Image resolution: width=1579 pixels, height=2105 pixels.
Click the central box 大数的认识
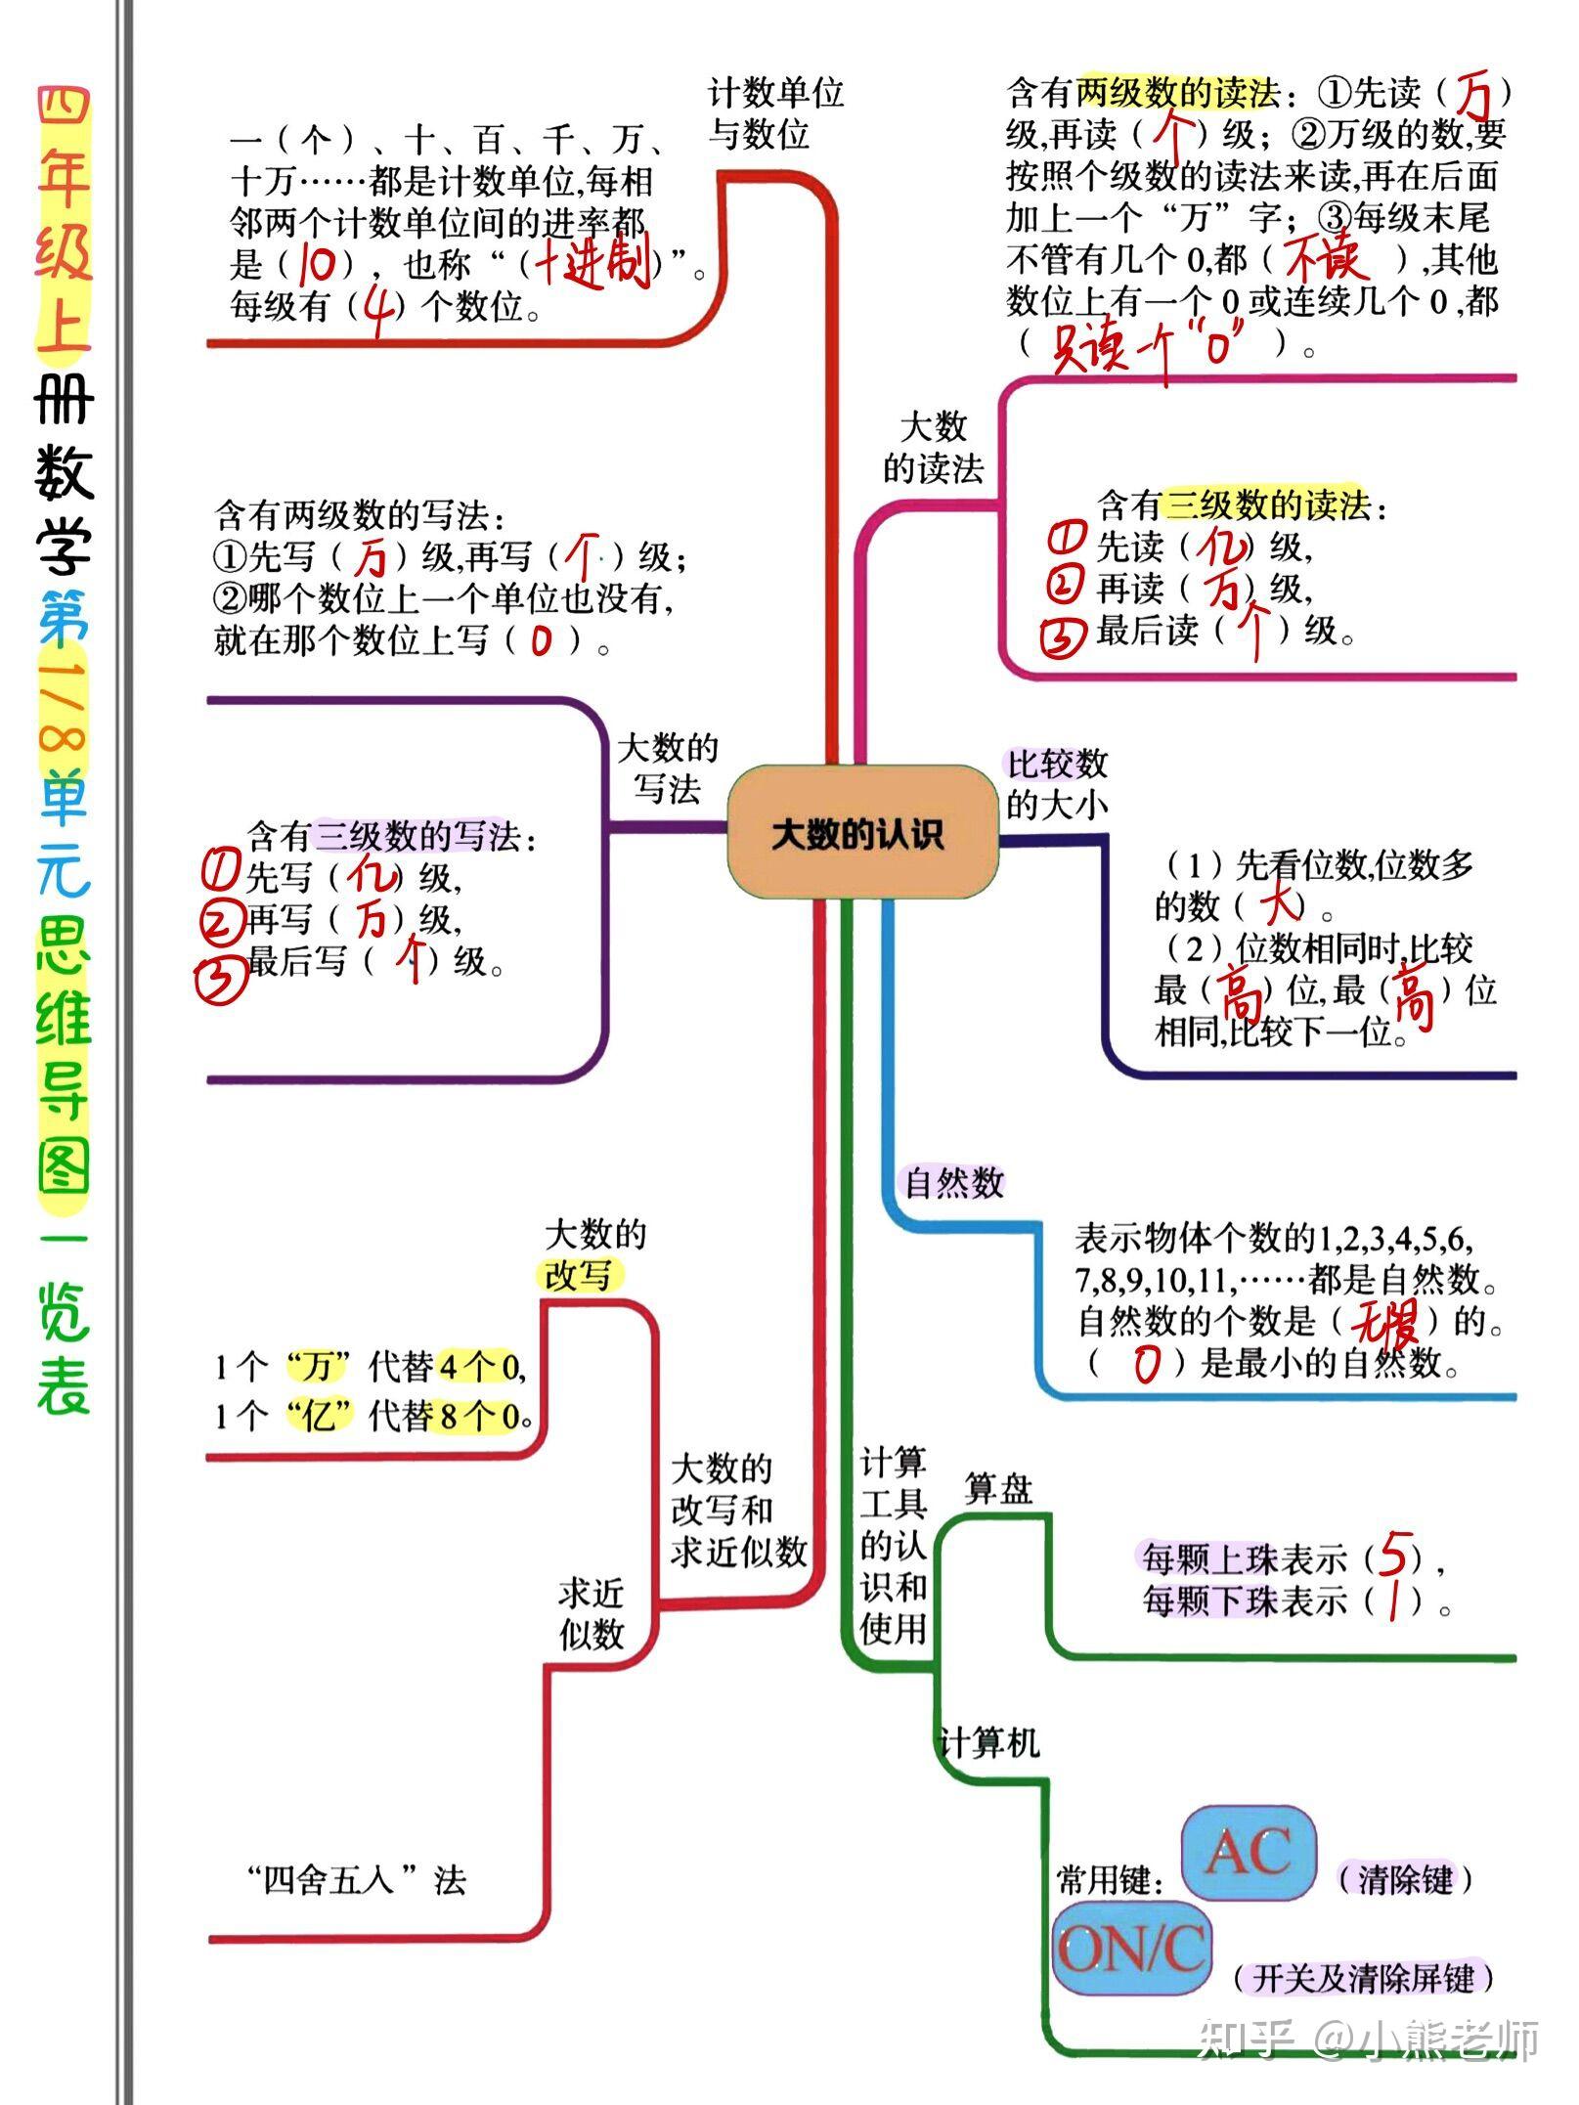[x=860, y=834]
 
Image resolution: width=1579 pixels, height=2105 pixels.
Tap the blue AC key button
[x=1249, y=1853]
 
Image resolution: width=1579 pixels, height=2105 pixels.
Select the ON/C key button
[x=1131, y=1949]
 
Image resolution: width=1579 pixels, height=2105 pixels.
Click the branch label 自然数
[x=954, y=1183]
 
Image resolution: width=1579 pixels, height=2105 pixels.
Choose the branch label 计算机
[x=988, y=1741]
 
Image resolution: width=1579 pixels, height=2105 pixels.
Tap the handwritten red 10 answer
[x=318, y=264]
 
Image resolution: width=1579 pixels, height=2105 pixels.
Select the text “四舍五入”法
[x=356, y=1879]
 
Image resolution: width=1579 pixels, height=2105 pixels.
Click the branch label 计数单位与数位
[x=775, y=114]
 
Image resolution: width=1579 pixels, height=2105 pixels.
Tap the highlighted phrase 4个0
[x=479, y=1366]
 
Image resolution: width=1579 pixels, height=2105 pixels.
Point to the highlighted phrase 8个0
[x=479, y=1416]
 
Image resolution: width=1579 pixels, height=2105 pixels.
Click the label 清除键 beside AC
[x=1405, y=1878]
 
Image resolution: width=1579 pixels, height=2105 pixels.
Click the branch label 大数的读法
[x=934, y=448]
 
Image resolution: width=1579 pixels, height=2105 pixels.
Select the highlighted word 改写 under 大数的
[x=579, y=1276]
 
